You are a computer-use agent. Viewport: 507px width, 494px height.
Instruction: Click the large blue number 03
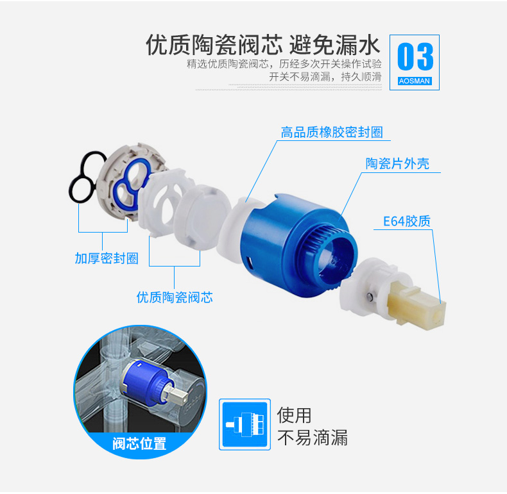pos(415,56)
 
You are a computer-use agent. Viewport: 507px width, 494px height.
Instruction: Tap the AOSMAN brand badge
pos(415,81)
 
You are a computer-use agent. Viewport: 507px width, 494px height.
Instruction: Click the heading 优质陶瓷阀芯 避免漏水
pos(263,45)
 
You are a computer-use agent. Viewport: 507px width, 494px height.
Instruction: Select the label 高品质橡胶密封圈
pos(332,133)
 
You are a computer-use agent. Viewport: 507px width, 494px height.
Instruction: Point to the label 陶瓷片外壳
pos(397,163)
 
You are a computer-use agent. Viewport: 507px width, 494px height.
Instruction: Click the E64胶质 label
pos(407,222)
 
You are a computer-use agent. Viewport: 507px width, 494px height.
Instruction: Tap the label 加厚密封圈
pos(107,258)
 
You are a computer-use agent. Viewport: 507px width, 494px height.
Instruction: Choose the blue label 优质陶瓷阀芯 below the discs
pos(175,297)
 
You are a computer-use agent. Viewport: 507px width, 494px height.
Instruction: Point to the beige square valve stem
pos(417,305)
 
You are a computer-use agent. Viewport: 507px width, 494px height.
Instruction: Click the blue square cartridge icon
pos(245,424)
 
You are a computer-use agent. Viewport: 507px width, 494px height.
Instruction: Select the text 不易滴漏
pos(313,438)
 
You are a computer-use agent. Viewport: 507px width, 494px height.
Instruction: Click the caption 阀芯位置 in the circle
pos(139,443)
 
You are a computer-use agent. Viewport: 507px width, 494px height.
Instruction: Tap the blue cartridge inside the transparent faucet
pos(147,384)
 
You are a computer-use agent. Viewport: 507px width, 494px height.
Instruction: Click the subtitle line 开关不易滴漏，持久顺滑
pos(325,77)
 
